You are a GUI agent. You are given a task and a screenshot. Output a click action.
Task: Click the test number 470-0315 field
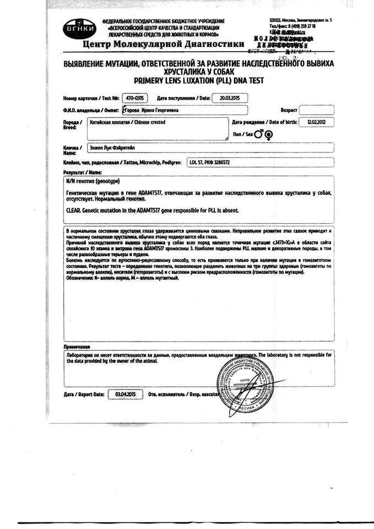click(134, 98)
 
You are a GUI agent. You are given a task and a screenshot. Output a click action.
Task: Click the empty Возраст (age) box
click(317, 110)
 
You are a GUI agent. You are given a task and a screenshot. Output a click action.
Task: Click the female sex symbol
click(269, 133)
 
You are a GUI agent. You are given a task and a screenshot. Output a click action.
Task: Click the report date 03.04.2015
click(126, 394)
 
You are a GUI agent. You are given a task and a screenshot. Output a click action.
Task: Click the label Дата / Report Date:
click(84, 395)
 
